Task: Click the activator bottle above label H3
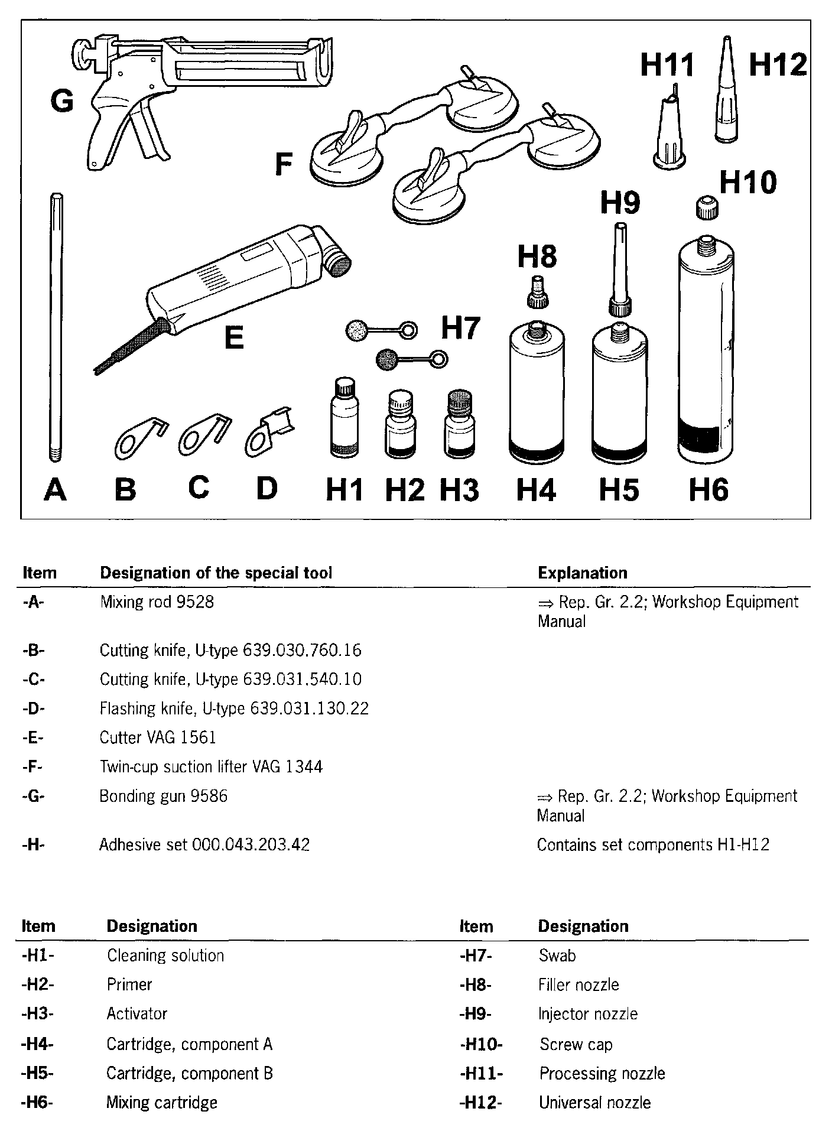pos(460,425)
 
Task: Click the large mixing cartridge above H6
pos(706,352)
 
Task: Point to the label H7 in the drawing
pos(461,328)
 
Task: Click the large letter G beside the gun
pos(62,102)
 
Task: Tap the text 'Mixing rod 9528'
pos(157,603)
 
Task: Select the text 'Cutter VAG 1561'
pos(158,737)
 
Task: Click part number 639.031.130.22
pos(309,708)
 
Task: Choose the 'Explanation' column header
pos(582,573)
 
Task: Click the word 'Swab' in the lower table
pos(557,955)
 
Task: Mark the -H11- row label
pos(481,1073)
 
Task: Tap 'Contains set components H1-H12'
pos(653,845)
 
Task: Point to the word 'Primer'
pos(129,984)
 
